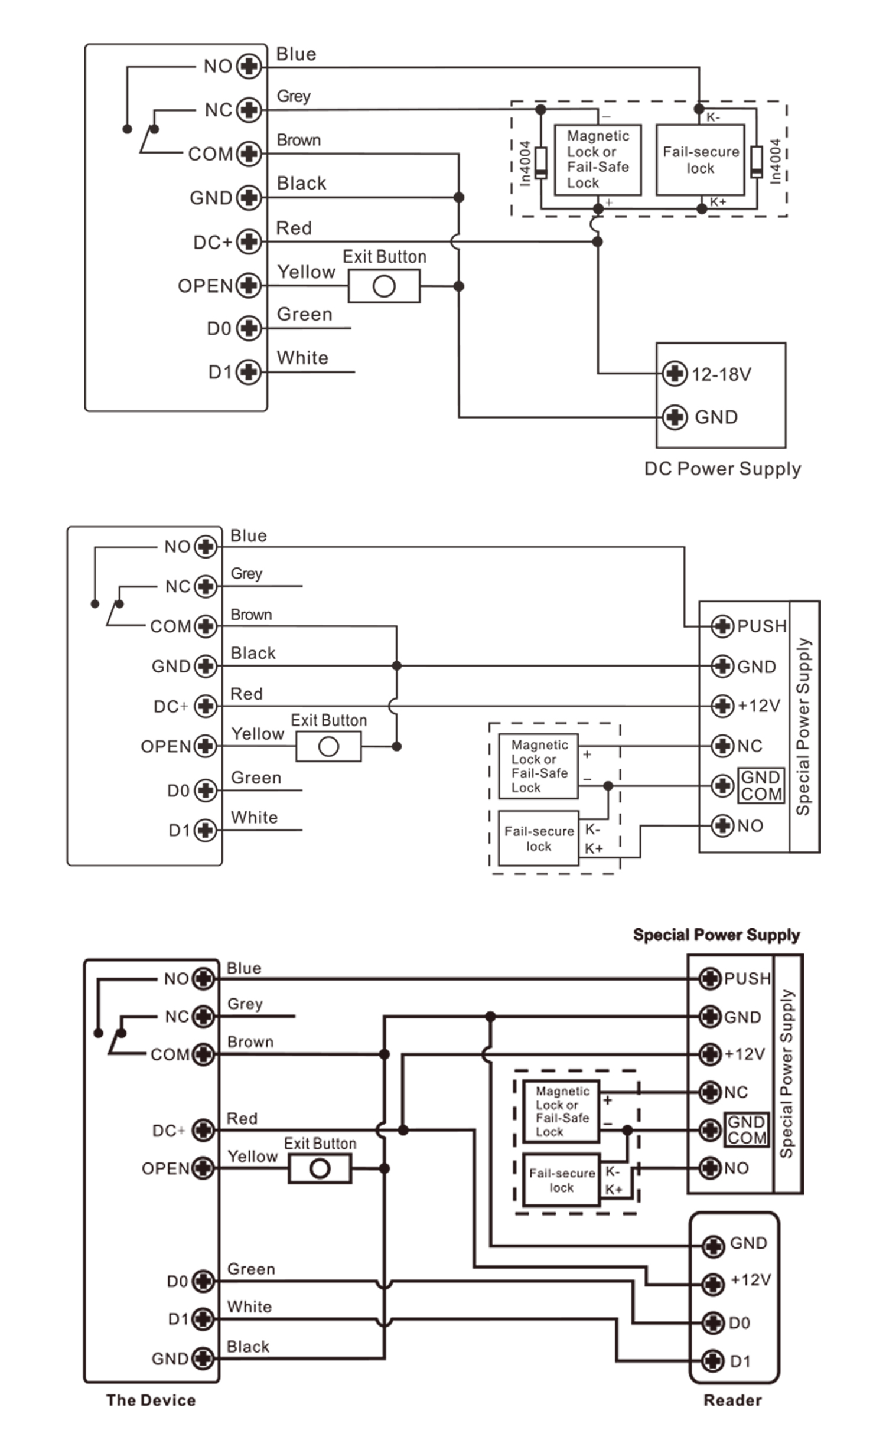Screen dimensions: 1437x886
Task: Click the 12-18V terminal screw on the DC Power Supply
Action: coord(674,374)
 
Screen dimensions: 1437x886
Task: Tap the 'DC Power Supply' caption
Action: coord(722,469)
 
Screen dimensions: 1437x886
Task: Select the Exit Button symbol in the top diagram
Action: coord(384,286)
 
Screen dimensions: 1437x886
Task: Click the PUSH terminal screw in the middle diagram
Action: coord(722,626)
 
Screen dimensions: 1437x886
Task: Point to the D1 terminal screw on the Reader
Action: coord(713,1361)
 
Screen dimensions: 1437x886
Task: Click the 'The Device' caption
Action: coord(151,1400)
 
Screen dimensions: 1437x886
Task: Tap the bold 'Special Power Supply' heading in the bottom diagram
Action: coord(716,935)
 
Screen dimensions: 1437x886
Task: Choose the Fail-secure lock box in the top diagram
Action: coord(700,160)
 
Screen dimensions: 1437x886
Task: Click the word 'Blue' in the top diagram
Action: coord(296,54)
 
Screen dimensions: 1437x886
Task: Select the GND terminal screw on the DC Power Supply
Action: coord(674,417)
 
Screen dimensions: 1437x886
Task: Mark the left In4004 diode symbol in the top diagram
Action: coord(540,162)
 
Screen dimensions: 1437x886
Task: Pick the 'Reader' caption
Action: coord(732,1400)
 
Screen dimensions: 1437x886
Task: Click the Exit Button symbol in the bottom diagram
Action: coord(320,1168)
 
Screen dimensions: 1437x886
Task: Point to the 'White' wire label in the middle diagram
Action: coord(254,818)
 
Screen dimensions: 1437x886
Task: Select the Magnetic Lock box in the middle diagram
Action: coord(538,766)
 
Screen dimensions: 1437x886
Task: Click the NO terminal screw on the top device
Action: coord(249,67)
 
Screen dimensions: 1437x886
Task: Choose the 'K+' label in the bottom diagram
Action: coord(614,1190)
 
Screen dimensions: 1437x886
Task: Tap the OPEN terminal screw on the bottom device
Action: coord(203,1168)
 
